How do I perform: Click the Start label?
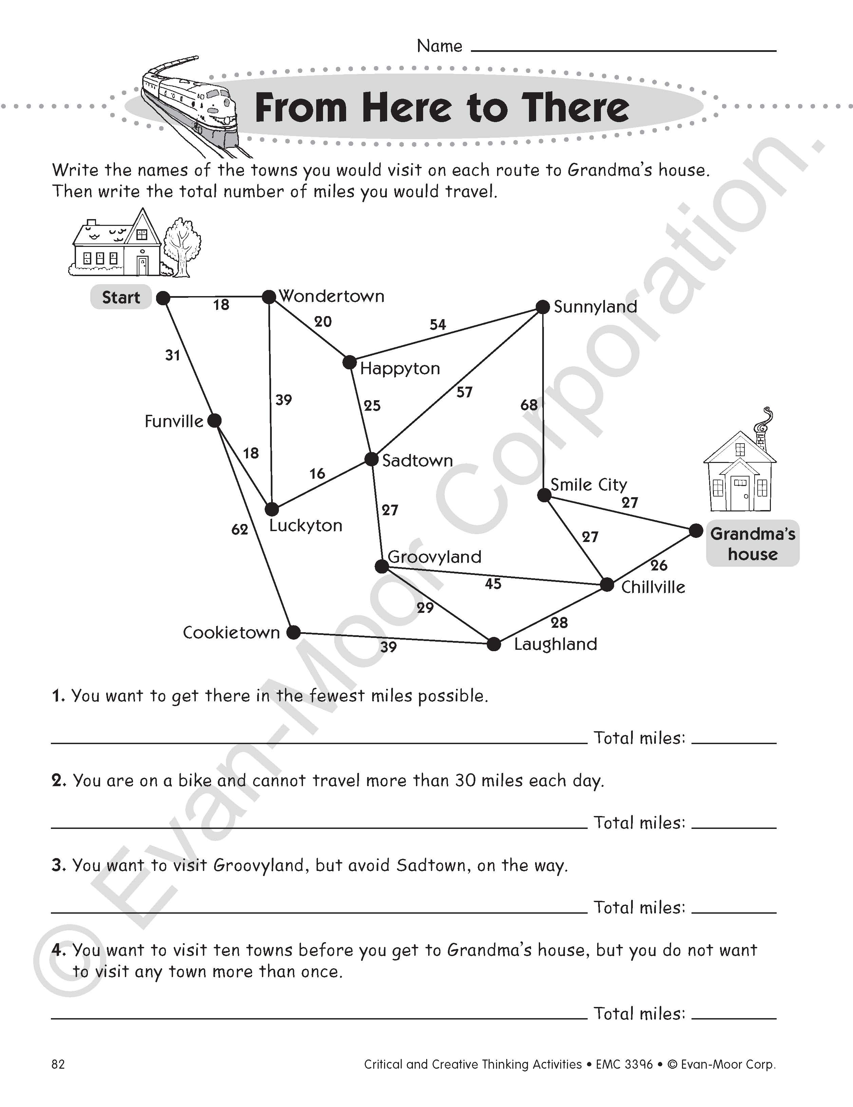coord(121,297)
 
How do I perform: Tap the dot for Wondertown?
coord(269,296)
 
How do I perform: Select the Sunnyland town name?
coord(595,307)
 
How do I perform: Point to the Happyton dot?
coord(349,363)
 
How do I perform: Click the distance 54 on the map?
coord(438,324)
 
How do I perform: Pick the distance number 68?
coord(529,405)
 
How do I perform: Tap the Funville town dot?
coord(214,420)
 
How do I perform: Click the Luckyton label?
coord(306,526)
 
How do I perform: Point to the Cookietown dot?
coord(293,632)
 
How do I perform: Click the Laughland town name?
coord(555,644)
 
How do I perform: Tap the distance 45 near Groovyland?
coord(493,584)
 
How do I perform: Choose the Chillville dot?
coord(607,584)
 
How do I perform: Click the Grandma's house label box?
coord(753,543)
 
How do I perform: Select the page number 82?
coord(58,1064)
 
